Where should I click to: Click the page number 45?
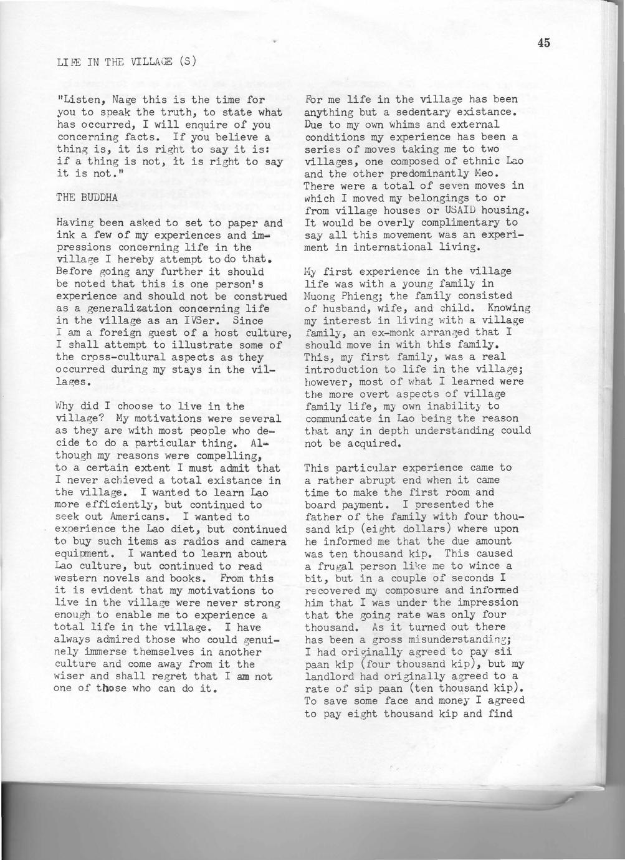click(543, 42)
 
